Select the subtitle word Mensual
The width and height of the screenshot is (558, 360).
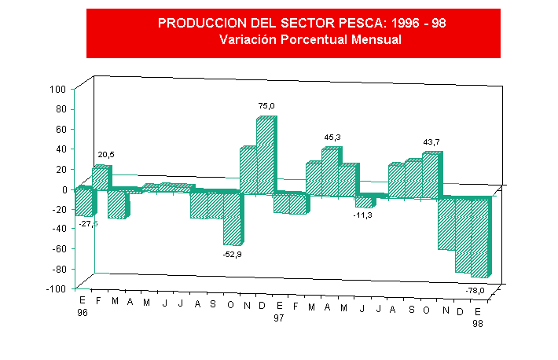coord(373,40)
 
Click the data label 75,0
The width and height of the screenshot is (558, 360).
coord(266,105)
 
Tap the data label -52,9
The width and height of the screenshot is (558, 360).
coord(233,253)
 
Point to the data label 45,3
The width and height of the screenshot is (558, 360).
coord(332,138)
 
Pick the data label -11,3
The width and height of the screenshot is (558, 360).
coord(363,215)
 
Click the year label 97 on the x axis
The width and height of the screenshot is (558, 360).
coord(279,318)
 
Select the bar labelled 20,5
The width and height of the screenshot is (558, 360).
coord(101,178)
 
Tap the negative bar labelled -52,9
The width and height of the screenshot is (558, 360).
coord(233,219)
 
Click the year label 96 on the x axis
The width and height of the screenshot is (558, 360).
coord(83,312)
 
